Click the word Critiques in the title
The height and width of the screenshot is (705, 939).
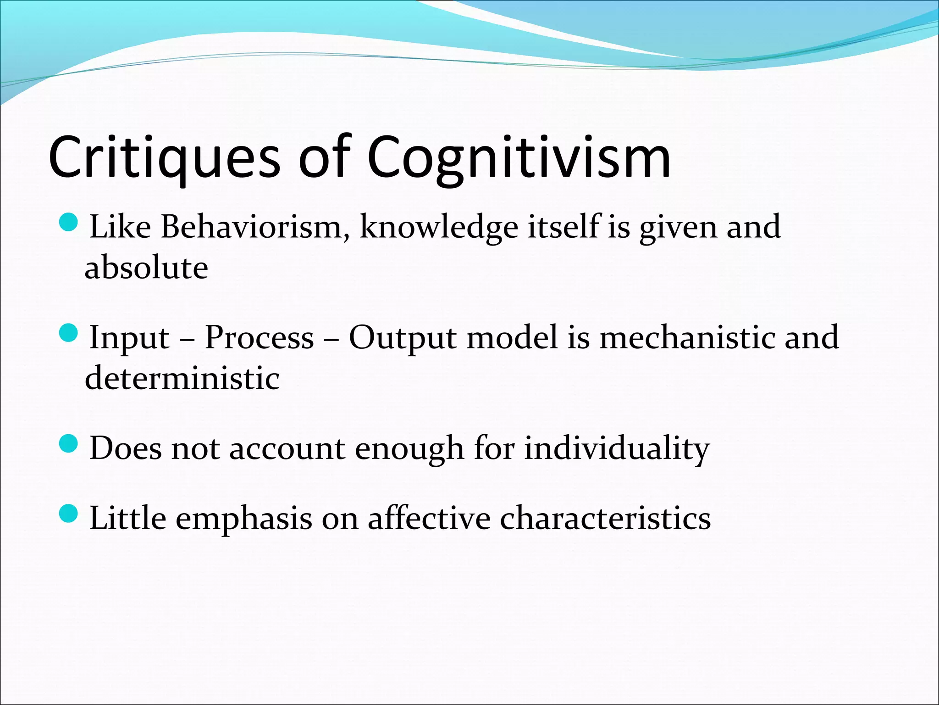[x=164, y=157]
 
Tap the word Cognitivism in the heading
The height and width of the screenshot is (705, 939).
[x=519, y=157]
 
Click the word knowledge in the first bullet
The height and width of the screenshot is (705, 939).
[x=439, y=227]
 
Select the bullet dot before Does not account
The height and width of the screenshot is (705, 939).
[x=69, y=443]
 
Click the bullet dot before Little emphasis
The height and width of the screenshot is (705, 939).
[x=69, y=514]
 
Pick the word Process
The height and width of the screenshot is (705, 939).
[x=259, y=337]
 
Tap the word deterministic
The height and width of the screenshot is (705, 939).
[x=182, y=378]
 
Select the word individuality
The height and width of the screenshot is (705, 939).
[x=617, y=448]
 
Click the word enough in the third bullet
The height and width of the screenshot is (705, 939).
[x=409, y=448]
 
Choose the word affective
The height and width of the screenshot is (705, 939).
[x=429, y=518]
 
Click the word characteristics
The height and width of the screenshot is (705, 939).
[x=605, y=518]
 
